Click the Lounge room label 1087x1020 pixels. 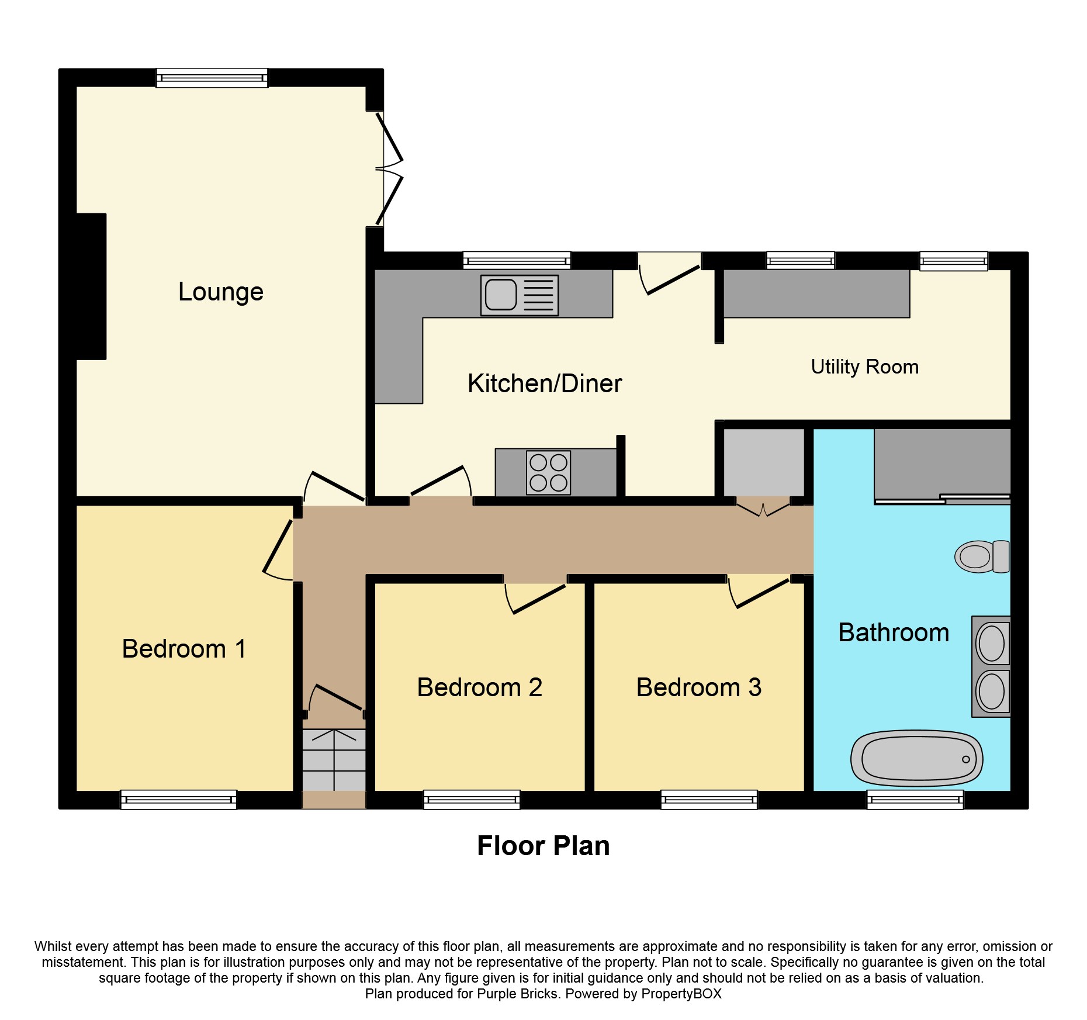click(x=221, y=292)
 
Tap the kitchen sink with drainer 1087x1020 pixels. click(x=519, y=295)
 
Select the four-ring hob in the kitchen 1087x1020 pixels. click(x=548, y=472)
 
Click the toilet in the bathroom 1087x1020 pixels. click(x=982, y=556)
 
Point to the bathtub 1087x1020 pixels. click(x=916, y=759)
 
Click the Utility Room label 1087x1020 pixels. click(x=864, y=367)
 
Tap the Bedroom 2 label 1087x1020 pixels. click(x=479, y=687)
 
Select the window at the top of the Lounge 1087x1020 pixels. click(x=212, y=78)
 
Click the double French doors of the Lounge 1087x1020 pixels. click(x=388, y=168)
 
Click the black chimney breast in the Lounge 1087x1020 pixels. click(x=91, y=286)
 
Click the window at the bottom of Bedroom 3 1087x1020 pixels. click(x=709, y=799)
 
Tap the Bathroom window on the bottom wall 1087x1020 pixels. click(x=915, y=799)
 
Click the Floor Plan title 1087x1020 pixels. click(x=543, y=846)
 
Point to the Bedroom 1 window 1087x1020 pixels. click(x=178, y=799)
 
